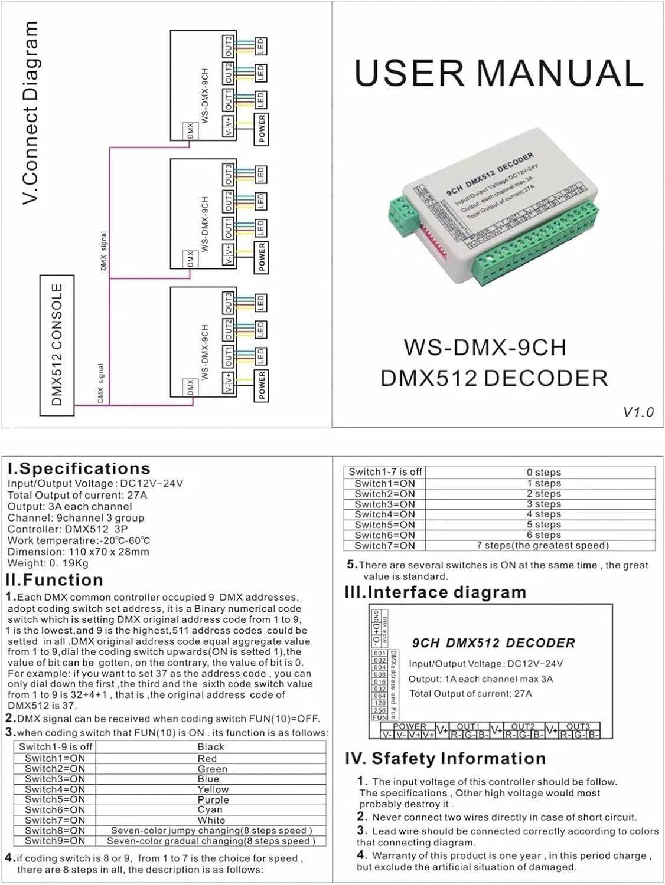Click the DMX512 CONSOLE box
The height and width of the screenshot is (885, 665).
(x=57, y=345)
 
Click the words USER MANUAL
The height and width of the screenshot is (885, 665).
(x=498, y=73)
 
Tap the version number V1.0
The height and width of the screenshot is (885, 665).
(x=638, y=412)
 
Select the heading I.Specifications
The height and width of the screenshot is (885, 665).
(x=79, y=468)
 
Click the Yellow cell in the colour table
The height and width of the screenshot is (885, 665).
(x=213, y=789)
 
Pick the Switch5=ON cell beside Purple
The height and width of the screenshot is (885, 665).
(x=55, y=799)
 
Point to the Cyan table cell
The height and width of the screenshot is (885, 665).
(x=210, y=810)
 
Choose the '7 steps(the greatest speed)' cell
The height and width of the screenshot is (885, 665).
(x=542, y=545)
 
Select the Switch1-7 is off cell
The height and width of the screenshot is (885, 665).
(x=385, y=472)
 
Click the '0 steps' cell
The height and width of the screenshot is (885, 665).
(x=543, y=472)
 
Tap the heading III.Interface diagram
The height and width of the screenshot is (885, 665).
(x=435, y=592)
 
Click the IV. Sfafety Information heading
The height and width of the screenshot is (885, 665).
(x=445, y=758)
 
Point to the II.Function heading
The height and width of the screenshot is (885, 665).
(x=55, y=580)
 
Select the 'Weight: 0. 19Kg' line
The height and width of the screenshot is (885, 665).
(x=48, y=563)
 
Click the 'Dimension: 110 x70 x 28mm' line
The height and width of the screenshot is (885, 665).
(x=78, y=552)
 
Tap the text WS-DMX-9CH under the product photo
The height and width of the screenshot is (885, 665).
(x=485, y=347)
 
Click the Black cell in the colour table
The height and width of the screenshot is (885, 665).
(x=211, y=747)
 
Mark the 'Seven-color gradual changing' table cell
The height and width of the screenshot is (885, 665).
(x=211, y=841)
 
